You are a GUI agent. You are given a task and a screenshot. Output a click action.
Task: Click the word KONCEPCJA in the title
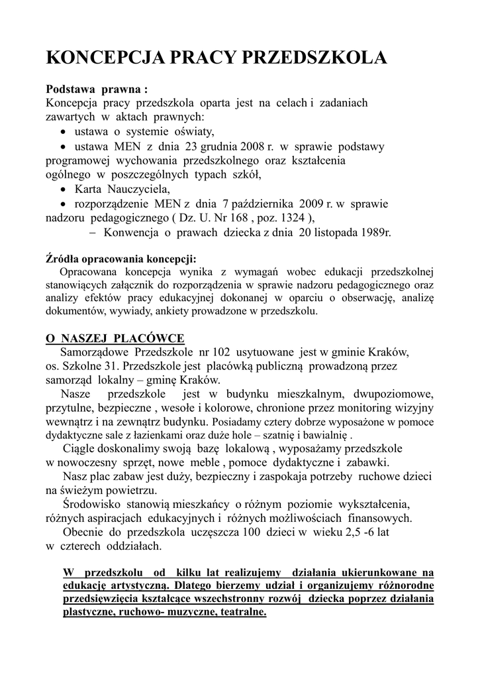[x=105, y=58]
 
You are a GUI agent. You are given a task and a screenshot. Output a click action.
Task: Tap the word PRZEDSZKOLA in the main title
[x=316, y=58]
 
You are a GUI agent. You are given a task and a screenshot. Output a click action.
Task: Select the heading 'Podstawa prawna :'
[x=96, y=89]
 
